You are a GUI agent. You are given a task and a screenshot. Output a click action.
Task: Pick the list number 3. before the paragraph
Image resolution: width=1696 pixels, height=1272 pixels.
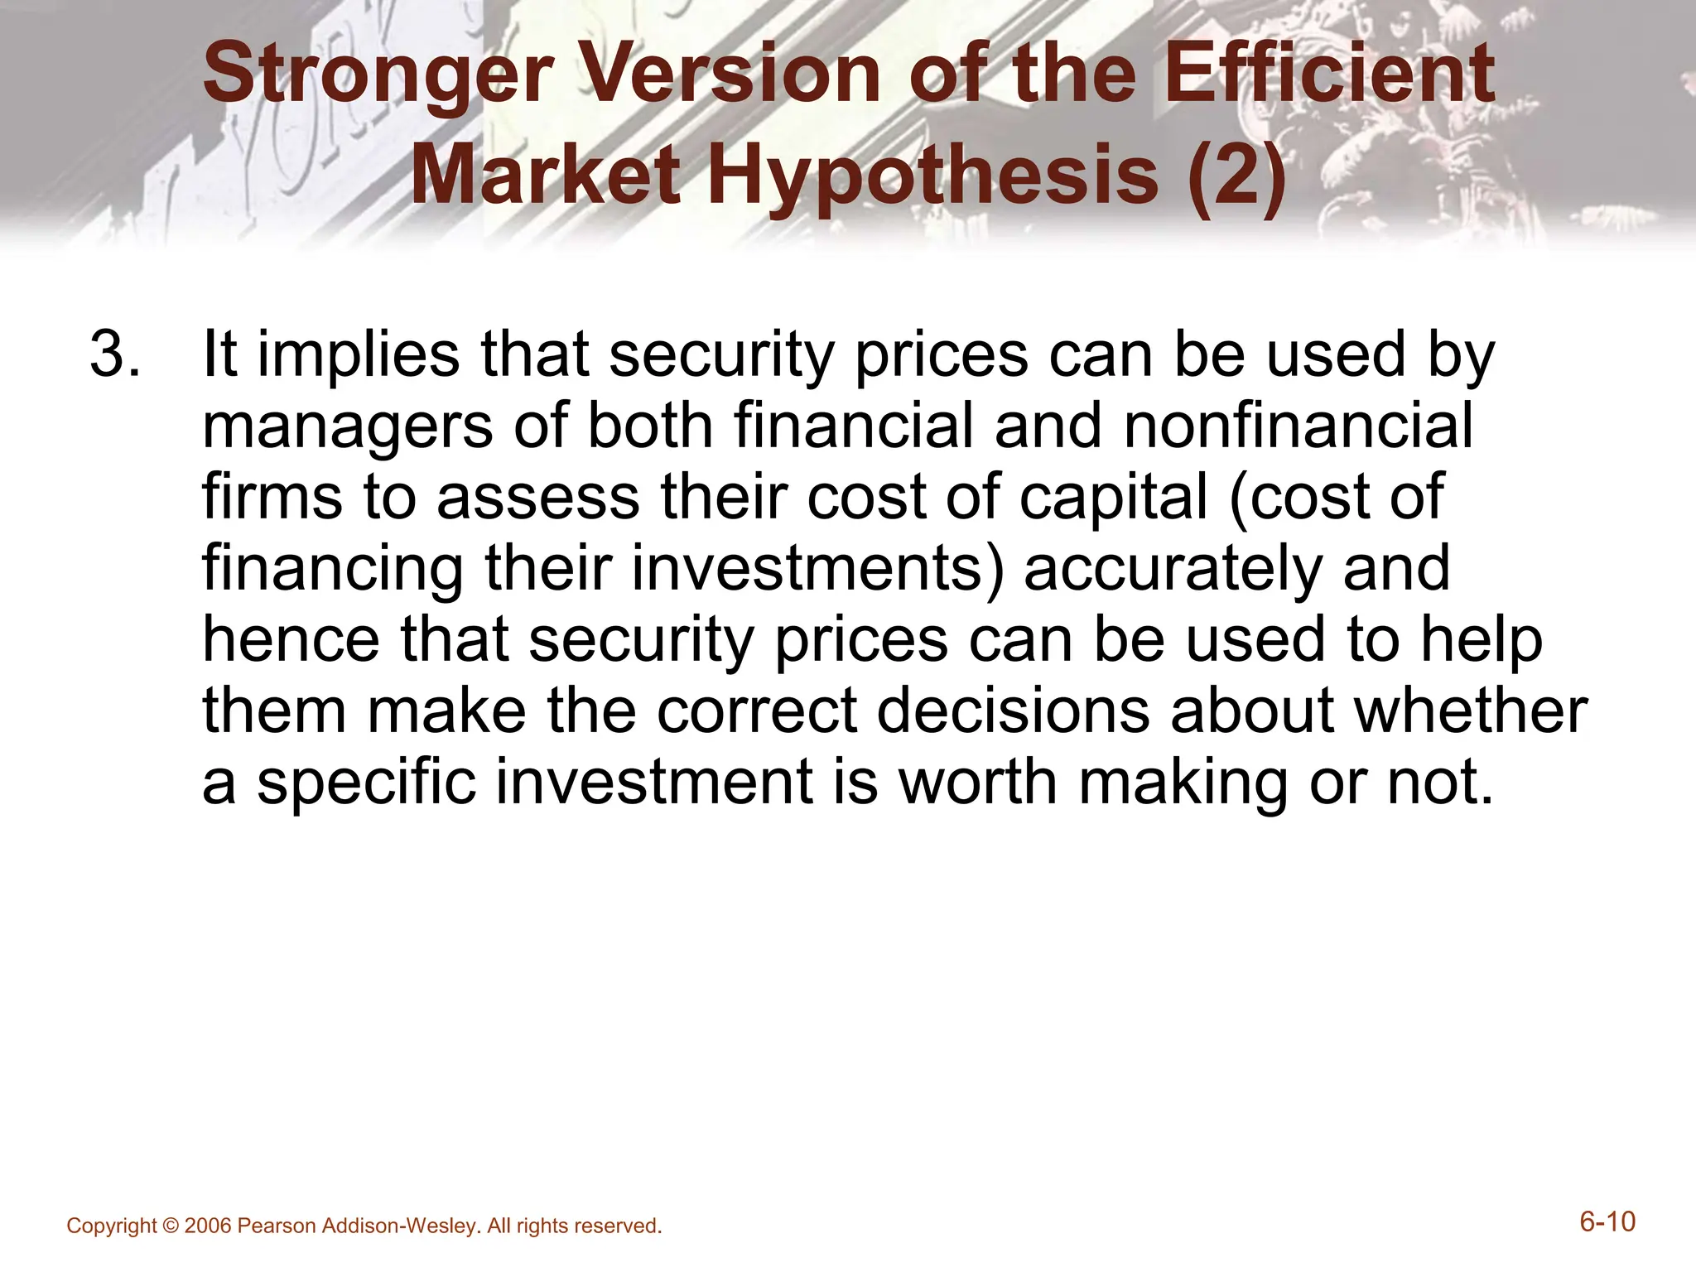114,354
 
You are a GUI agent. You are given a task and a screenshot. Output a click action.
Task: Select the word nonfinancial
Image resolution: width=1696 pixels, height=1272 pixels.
1298,426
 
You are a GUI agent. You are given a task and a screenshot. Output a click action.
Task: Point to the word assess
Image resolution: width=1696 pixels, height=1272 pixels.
538,499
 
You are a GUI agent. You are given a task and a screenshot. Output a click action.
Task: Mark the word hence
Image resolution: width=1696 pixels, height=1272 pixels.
291,640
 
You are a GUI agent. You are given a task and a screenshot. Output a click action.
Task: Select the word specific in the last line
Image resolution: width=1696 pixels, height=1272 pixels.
366,783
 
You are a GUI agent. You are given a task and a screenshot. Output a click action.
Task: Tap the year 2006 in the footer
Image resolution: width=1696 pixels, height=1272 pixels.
209,1226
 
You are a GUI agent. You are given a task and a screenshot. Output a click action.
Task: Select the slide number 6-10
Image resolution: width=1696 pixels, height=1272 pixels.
1607,1222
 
